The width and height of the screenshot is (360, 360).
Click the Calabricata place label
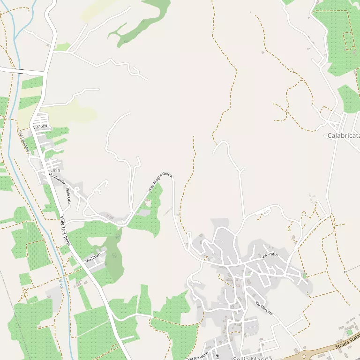point(343,135)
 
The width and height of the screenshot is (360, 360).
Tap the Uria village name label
point(55,170)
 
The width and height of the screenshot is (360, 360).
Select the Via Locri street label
point(40,127)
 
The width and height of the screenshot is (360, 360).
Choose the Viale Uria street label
point(68,195)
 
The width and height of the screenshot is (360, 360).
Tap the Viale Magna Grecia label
point(160,182)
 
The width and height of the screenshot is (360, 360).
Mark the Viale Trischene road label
point(65,231)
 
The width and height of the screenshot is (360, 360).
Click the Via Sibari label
point(93,257)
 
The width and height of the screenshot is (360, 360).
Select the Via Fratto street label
point(270,255)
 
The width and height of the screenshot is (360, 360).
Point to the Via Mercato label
point(264,308)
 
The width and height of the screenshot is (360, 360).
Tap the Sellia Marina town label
point(252,358)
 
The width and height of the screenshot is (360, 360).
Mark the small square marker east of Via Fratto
point(345,272)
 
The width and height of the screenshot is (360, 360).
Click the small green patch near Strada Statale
point(349,332)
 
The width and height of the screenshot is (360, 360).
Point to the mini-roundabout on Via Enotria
point(76,190)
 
